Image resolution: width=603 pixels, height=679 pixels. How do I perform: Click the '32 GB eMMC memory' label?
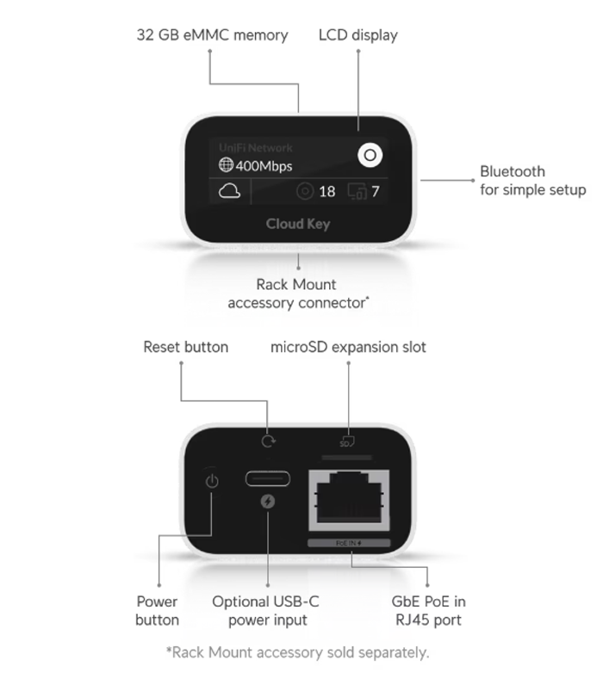coord(212,35)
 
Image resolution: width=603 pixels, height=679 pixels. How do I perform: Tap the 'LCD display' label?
coord(358,35)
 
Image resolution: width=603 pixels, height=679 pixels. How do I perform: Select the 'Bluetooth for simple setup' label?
coord(532,181)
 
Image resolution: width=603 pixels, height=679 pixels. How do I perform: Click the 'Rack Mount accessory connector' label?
coord(297,293)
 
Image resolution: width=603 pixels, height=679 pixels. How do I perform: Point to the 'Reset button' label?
coord(185,348)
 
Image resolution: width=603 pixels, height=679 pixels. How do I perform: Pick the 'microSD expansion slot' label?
coord(348,348)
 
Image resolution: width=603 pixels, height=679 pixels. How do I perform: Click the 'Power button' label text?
coord(158,611)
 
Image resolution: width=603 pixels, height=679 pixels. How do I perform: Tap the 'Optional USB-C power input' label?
coord(265,611)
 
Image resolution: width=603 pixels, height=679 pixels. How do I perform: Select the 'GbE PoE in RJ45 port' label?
coord(429,611)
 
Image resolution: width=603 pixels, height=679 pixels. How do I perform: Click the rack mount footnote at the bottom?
coord(297,652)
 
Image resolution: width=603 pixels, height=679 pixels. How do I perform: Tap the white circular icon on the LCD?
coord(370,156)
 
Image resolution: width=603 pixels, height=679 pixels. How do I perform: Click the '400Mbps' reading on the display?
coord(264,166)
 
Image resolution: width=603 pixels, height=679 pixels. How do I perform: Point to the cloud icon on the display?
coord(230,191)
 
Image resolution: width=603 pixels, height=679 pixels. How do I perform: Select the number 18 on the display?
coord(326,192)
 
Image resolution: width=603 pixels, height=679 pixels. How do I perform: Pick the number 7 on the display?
coord(375,192)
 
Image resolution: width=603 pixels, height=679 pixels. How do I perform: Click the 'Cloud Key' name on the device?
coord(297,225)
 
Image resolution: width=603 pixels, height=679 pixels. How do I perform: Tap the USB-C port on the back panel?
coord(267,478)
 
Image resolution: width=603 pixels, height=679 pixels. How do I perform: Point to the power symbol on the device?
coord(211,480)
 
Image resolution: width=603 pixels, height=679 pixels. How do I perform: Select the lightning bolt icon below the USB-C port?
coord(267,501)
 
